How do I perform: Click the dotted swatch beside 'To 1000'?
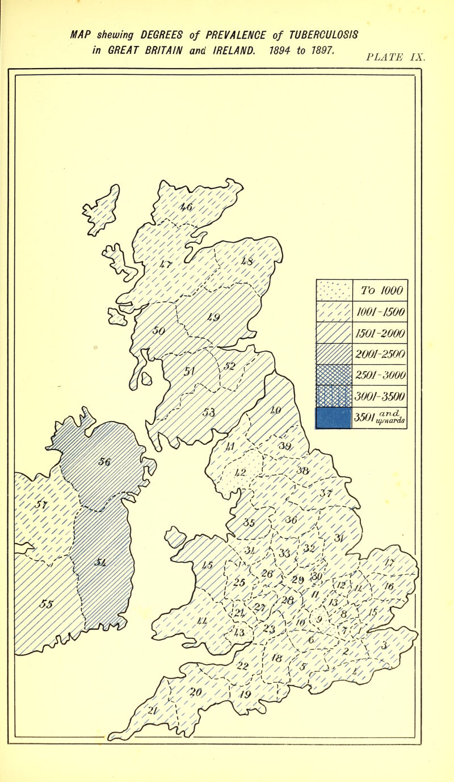click(x=334, y=291)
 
